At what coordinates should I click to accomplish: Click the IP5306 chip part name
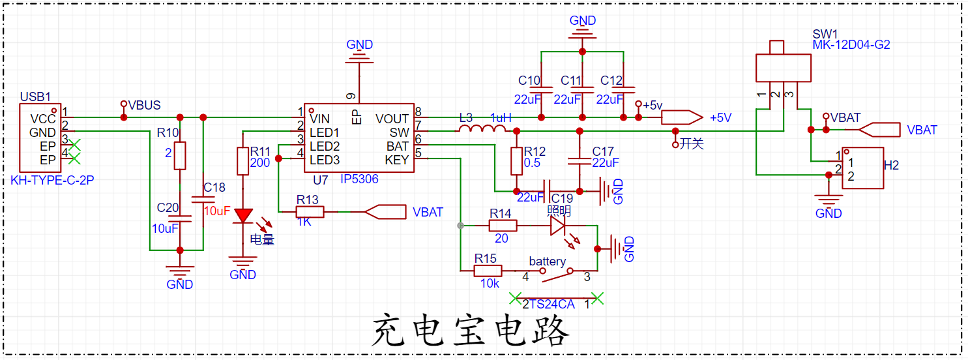359,179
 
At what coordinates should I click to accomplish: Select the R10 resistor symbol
180,156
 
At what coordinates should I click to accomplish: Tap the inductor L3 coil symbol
482,128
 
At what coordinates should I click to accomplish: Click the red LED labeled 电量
243,216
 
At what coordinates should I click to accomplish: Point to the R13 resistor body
310,212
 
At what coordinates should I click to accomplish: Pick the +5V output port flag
682,117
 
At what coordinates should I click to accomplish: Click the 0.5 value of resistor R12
532,163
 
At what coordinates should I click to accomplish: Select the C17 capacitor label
603,151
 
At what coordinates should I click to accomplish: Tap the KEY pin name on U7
397,160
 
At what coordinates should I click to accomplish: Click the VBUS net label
144,105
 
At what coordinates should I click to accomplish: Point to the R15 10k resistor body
488,271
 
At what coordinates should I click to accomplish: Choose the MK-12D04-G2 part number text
851,45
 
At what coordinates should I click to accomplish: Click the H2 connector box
862,168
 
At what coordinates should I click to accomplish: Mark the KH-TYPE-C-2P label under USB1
52,180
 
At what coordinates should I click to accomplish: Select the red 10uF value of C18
217,211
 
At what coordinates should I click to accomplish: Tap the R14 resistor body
503,226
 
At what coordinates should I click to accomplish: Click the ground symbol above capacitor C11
582,34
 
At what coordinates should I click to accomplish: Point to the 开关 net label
692,144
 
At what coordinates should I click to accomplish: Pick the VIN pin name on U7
320,119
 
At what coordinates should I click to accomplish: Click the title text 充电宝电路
470,331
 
